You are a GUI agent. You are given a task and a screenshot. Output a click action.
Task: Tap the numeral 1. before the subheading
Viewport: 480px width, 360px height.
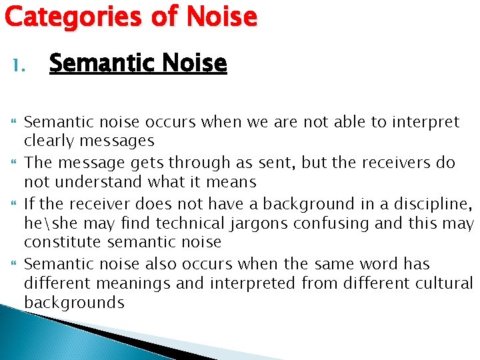19,65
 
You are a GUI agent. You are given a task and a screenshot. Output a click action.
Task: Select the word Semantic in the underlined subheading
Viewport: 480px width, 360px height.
97,63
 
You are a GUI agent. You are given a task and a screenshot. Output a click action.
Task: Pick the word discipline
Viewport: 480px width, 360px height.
433,203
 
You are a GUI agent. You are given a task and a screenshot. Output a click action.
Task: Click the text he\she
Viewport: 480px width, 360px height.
47,223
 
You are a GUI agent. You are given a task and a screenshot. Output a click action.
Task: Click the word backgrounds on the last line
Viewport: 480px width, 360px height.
74,302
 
